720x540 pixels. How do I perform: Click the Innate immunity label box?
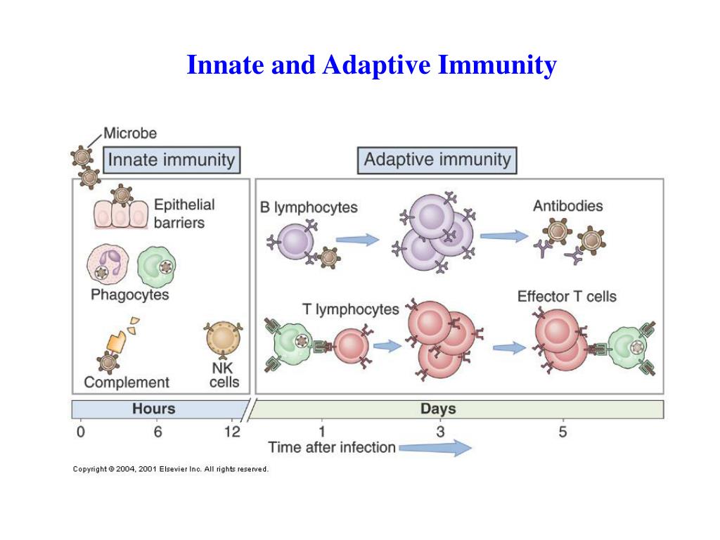(171, 160)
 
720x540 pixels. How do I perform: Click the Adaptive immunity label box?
(437, 160)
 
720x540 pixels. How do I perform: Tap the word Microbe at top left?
(130, 133)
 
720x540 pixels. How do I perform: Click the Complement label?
(127, 382)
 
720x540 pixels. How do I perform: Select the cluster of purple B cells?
(435, 236)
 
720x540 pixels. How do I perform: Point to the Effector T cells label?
(567, 296)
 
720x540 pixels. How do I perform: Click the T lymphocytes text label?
(350, 309)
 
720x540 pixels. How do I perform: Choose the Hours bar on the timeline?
(155, 409)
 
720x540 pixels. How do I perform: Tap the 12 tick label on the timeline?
(231, 432)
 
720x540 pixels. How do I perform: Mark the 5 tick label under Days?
(562, 432)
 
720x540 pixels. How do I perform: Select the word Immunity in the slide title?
(497, 65)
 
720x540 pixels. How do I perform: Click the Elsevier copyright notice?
(171, 469)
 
